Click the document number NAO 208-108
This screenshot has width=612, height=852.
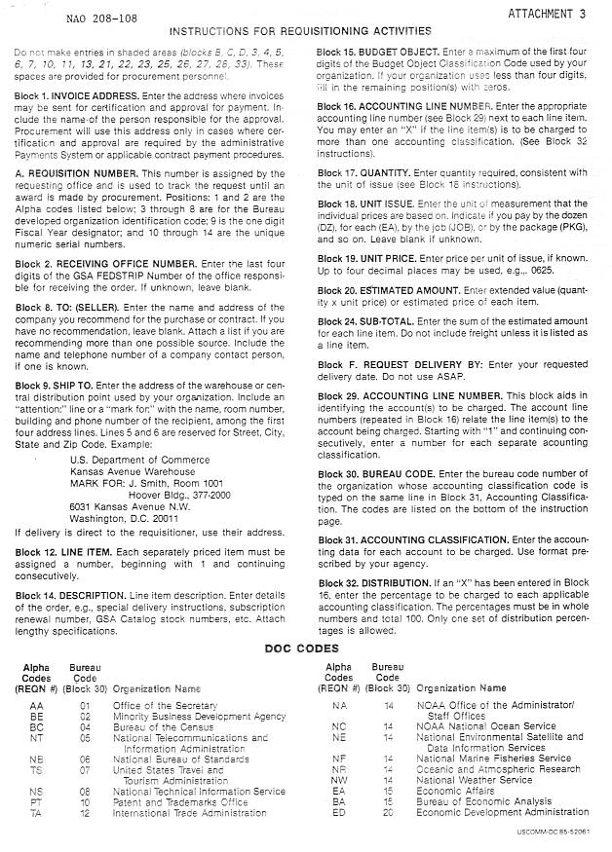click(99, 18)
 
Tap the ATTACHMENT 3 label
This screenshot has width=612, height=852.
click(551, 14)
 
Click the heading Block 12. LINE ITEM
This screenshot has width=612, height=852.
click(62, 551)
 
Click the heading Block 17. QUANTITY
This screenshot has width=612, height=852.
click(371, 172)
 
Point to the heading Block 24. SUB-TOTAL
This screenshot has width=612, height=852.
click(374, 318)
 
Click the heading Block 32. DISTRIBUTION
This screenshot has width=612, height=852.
click(380, 582)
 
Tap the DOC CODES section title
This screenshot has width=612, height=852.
click(305, 648)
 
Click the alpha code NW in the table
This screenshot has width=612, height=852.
click(338, 779)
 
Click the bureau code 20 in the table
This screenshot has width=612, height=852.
click(387, 811)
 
